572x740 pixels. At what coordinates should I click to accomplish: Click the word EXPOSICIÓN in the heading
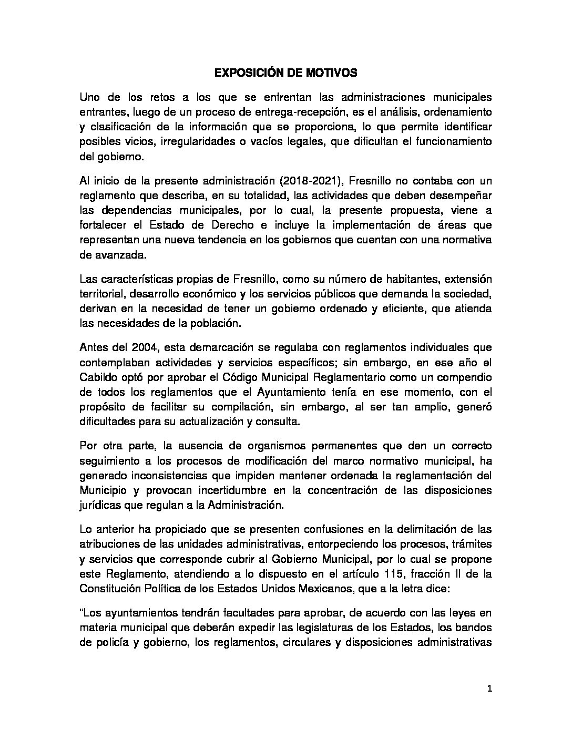click(246, 74)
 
